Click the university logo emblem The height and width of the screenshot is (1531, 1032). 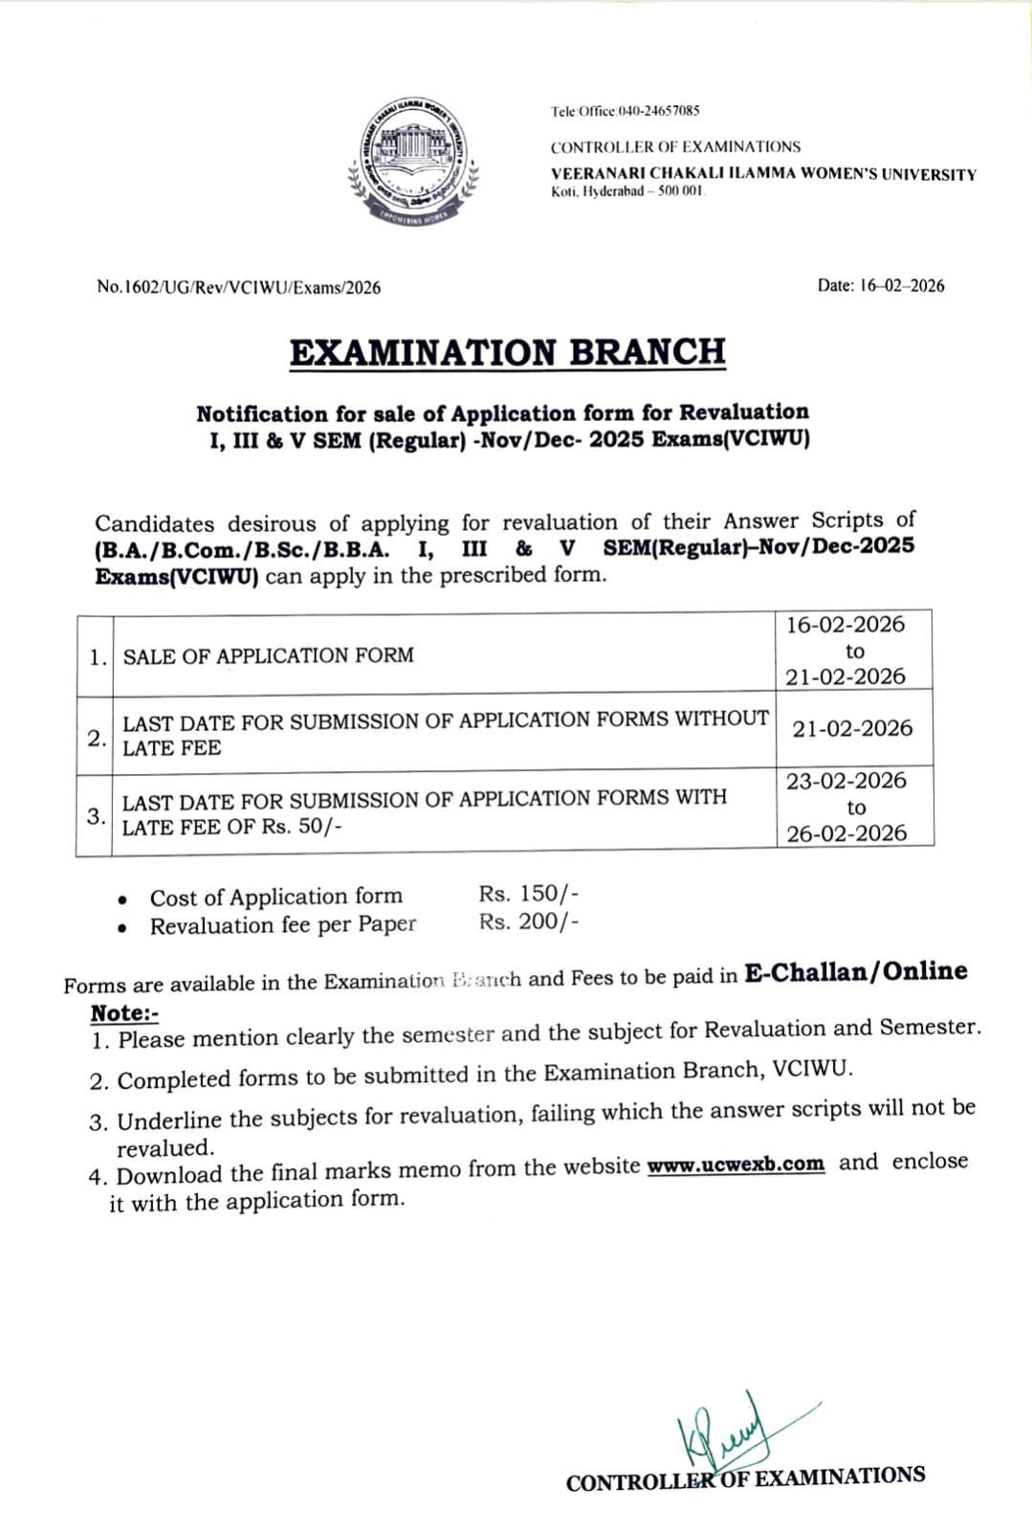click(413, 160)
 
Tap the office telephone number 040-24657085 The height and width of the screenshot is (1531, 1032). click(659, 111)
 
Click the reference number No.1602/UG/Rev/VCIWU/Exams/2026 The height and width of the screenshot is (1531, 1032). click(239, 288)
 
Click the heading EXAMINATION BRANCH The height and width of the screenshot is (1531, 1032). click(507, 352)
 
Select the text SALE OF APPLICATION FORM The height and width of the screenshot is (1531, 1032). click(269, 655)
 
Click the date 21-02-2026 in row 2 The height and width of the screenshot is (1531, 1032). click(852, 728)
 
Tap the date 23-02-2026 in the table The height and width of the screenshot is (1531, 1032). click(846, 781)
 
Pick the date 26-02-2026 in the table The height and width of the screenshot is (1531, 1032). click(846, 833)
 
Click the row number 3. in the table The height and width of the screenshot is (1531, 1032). click(96, 815)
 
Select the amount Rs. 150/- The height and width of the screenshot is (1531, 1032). click(528, 894)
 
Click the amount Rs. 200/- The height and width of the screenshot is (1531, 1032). click(528, 921)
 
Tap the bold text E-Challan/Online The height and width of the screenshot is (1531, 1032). click(856, 972)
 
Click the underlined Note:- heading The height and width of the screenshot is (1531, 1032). click(124, 1013)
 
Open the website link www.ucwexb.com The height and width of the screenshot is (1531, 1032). click(736, 1165)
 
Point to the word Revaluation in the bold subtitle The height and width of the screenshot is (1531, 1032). click(744, 412)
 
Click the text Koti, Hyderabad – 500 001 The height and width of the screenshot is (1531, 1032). click(627, 192)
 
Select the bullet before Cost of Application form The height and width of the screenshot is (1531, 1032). click(121, 899)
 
